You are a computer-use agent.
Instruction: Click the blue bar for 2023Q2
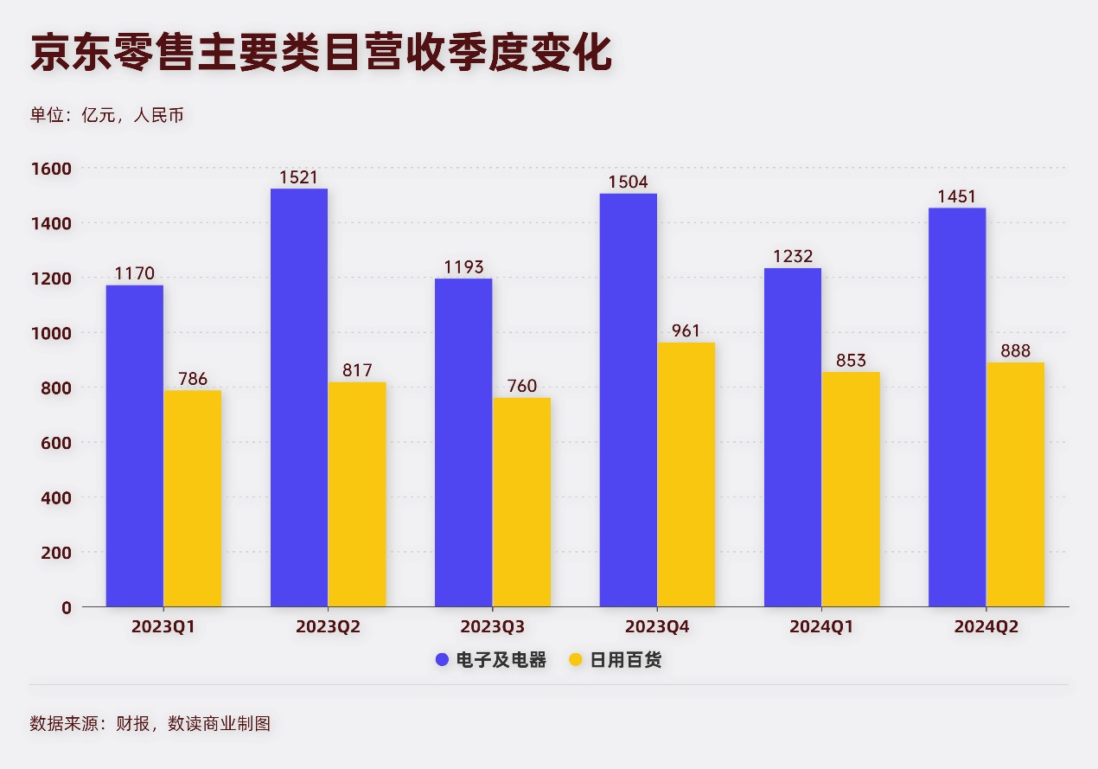[299, 398]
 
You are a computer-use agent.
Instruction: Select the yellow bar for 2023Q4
[686, 475]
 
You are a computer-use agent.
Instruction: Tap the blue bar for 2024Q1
[793, 438]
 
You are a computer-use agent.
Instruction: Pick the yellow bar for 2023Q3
[521, 503]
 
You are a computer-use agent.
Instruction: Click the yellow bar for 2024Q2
[1015, 484]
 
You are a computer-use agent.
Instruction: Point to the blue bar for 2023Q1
[135, 446]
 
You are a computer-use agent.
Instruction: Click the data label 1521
[298, 177]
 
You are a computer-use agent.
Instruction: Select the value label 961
[686, 331]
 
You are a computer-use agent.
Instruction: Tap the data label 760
[521, 386]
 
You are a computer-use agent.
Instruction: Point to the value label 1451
[957, 196]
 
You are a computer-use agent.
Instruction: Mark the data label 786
[192, 379]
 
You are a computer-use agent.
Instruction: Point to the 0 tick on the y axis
[66, 607]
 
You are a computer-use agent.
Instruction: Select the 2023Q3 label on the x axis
[492, 627]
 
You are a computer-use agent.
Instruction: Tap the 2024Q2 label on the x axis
[986, 627]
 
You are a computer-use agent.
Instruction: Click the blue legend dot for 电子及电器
[442, 661]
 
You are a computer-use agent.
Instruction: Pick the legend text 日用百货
[626, 661]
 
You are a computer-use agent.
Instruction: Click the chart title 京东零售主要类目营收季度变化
[321, 54]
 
